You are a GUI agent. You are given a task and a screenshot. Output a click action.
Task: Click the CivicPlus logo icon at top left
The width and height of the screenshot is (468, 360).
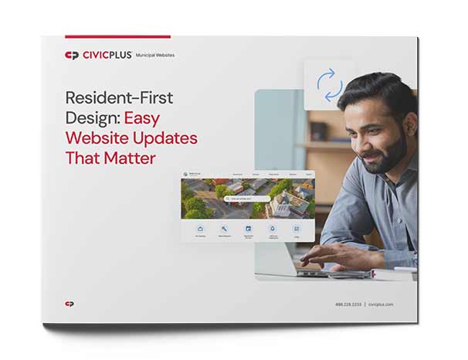pos(72,56)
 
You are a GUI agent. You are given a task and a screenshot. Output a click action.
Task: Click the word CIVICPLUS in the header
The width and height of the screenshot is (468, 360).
pos(107,56)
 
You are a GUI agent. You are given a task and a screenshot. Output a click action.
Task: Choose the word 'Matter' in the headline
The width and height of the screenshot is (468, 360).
pos(131,158)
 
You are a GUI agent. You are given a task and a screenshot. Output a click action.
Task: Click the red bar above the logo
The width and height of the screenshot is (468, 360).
pos(117,36)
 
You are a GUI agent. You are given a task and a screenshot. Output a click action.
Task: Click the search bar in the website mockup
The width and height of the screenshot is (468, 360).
pos(247,199)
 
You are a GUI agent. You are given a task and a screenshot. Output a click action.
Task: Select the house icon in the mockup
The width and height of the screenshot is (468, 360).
pos(201,229)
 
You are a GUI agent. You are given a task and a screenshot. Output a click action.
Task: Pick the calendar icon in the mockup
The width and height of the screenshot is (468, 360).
pos(248,229)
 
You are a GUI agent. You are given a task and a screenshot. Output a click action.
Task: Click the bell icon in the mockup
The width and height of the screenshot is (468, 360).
pos(272,229)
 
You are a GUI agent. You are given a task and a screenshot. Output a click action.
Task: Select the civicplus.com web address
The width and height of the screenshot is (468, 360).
pos(380,304)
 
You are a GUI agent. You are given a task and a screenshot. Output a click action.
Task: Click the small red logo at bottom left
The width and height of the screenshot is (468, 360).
pos(70,304)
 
